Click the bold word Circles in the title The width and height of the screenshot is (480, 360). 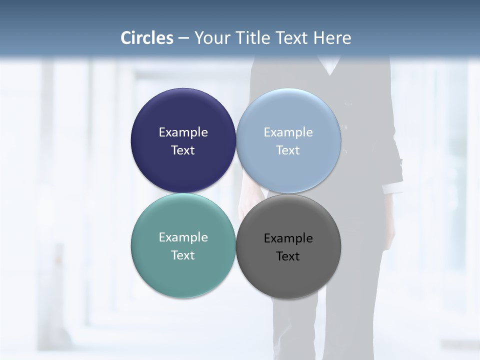point(147,38)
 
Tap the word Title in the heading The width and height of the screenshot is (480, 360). point(251,38)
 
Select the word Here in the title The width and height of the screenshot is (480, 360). point(332,38)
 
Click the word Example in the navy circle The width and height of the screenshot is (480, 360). point(183,132)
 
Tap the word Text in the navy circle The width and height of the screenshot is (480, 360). point(183,150)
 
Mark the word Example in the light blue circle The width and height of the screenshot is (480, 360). point(288,132)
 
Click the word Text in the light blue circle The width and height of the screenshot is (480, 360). point(288,150)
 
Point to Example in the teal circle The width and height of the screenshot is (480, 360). point(183,237)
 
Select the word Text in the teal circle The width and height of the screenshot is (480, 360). point(183,255)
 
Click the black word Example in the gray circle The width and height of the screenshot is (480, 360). point(288,238)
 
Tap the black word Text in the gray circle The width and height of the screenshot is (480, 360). point(288,256)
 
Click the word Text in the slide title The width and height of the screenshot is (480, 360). point(291,38)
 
